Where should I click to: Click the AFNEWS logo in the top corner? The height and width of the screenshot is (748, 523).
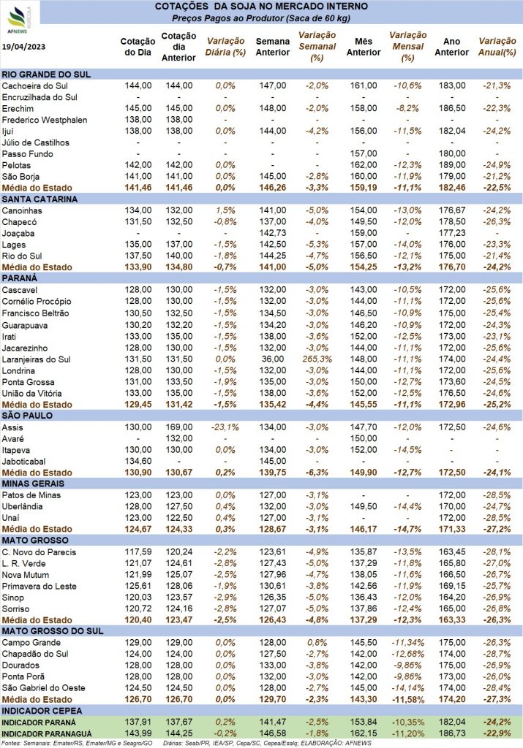click(x=18, y=20)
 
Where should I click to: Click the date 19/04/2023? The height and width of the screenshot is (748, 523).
click(x=23, y=46)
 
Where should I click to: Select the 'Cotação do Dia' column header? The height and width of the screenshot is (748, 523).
click(x=138, y=47)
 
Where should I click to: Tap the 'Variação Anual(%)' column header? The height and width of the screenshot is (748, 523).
click(x=497, y=47)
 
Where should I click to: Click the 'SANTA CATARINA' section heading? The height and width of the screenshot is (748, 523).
click(x=39, y=199)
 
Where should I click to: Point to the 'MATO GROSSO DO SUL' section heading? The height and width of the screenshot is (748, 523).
click(x=53, y=630)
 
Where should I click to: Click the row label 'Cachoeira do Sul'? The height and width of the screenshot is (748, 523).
click(x=35, y=86)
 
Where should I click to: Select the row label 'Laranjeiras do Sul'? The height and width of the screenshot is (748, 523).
click(x=37, y=359)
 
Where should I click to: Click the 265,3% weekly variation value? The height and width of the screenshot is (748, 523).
click(x=317, y=359)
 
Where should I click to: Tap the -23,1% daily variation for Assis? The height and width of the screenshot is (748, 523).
click(x=225, y=427)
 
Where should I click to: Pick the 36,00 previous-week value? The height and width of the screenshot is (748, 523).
click(x=273, y=359)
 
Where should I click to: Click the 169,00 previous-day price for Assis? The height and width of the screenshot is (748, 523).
click(x=179, y=427)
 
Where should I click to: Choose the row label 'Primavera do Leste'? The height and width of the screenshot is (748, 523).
click(x=39, y=587)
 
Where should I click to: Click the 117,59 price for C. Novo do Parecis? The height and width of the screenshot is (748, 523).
click(x=138, y=552)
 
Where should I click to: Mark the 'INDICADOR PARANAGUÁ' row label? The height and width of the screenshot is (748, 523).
click(x=47, y=733)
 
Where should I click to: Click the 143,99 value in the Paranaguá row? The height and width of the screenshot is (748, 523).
click(x=138, y=733)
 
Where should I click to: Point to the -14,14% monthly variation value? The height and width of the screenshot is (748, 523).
click(x=407, y=688)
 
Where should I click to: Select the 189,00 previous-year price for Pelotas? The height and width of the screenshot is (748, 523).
click(x=452, y=165)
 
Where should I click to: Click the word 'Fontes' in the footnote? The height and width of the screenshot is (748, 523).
click(x=10, y=743)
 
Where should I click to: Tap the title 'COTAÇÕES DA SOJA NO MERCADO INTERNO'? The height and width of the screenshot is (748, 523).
click(x=261, y=7)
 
